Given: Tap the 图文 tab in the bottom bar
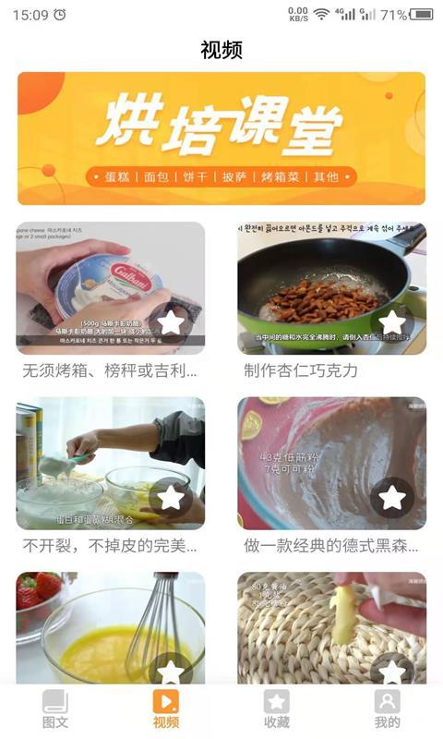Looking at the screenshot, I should click(x=55, y=709).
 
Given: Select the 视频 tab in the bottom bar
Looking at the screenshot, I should click(x=166, y=709).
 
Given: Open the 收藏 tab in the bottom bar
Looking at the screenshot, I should click(x=277, y=709).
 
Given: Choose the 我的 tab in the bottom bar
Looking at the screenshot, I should click(x=388, y=709).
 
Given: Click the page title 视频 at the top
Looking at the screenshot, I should click(x=221, y=50).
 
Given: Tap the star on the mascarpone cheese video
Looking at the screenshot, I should click(x=171, y=322).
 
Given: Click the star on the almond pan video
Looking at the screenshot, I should click(x=392, y=322).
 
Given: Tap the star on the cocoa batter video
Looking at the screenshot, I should click(x=392, y=497).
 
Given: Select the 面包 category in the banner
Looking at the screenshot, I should click(x=159, y=176).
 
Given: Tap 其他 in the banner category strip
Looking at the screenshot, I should click(x=326, y=176).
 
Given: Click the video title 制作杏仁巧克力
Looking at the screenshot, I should click(x=301, y=370).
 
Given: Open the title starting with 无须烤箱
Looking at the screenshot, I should click(x=110, y=370).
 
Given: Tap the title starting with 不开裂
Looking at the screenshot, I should click(x=110, y=545).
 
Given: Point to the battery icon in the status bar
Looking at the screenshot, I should click(x=422, y=15).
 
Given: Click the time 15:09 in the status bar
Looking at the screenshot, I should click(x=30, y=15).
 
